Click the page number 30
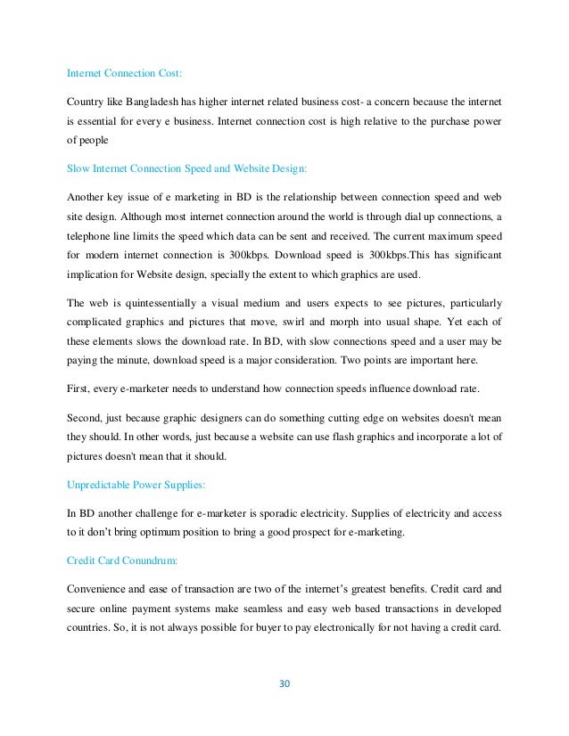point(285,684)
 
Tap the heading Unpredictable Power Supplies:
point(135,485)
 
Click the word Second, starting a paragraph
point(86,417)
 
